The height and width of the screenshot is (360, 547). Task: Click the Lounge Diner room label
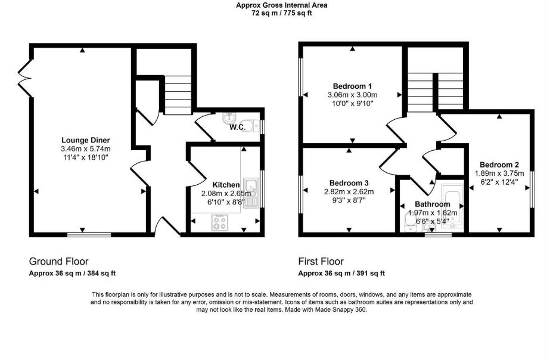click(85, 140)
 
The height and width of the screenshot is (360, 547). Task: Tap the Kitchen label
click(226, 185)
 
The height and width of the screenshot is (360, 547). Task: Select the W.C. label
click(237, 128)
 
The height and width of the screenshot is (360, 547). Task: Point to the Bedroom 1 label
click(352, 86)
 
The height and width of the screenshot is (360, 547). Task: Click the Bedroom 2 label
click(499, 165)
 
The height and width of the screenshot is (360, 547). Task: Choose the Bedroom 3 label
click(349, 183)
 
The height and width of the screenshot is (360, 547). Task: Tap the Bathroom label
click(432, 204)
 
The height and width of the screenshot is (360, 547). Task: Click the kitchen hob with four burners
click(220, 222)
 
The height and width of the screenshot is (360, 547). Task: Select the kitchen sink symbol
click(251, 193)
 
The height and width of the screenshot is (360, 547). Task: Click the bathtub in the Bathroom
click(452, 206)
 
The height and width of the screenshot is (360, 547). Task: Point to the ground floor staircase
click(178, 95)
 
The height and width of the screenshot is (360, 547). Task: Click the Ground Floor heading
click(58, 261)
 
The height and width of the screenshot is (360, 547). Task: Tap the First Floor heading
click(321, 261)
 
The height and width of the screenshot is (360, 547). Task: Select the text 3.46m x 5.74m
click(85, 149)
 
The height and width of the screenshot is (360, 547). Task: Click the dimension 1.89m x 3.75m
click(499, 173)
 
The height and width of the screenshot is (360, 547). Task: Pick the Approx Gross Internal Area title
click(281, 5)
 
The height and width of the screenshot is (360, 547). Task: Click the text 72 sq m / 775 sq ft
click(281, 13)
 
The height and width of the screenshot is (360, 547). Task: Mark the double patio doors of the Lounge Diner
click(25, 78)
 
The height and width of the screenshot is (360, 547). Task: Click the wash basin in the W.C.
click(228, 118)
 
